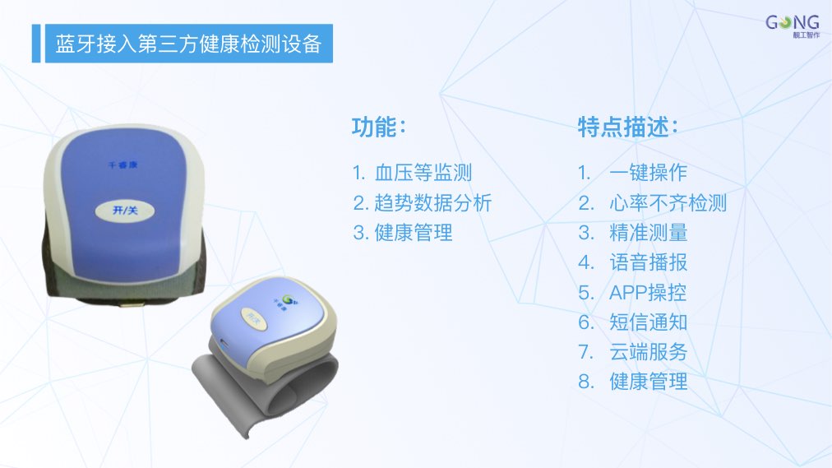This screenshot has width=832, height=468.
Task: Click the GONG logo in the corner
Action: coord(793,26)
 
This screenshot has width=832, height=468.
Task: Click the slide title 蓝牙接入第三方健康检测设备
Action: coord(189,44)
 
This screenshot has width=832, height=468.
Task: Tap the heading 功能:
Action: coord(379,127)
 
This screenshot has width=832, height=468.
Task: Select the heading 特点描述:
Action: coord(628,127)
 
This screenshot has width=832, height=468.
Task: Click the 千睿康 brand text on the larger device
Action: coord(122,165)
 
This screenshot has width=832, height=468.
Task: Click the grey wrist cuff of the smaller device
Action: coord(266,392)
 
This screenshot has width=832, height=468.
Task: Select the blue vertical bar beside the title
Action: coord(36,44)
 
